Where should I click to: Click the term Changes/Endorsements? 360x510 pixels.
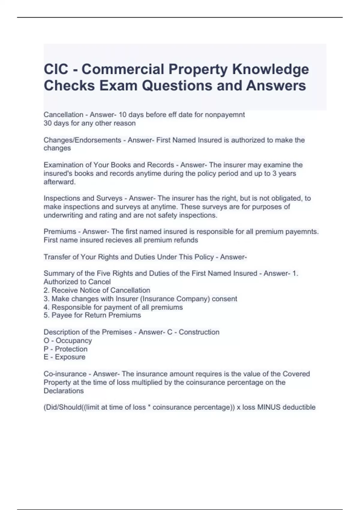82,140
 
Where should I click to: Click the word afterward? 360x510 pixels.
59,182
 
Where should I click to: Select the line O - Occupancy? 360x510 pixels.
68,340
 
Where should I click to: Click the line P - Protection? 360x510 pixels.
65,349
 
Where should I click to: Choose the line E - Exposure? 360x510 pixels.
64,357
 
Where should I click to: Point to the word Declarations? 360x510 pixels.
64,391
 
